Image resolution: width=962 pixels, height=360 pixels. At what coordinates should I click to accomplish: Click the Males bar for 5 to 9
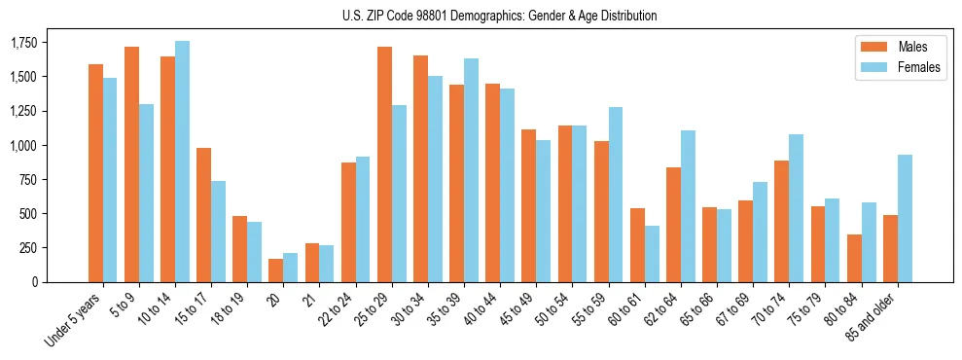pos(131,164)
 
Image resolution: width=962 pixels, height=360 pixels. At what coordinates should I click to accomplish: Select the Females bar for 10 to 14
pos(182,162)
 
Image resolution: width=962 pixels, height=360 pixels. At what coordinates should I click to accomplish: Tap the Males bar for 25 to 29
pos(384,164)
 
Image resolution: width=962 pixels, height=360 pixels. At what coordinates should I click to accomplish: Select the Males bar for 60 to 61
pos(637,245)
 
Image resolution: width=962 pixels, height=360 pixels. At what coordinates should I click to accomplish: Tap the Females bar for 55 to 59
pos(616,195)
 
